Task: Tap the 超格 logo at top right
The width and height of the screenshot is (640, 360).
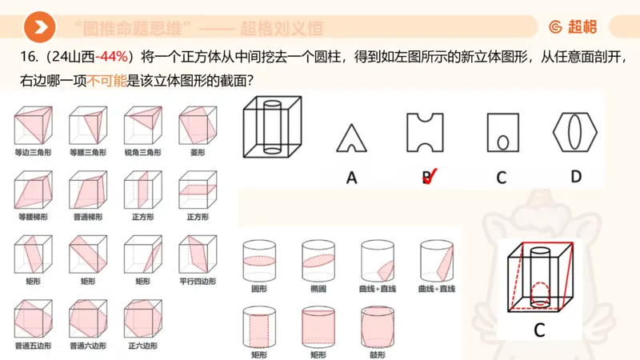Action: click(573, 28)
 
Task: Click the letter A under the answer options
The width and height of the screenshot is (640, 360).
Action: click(351, 178)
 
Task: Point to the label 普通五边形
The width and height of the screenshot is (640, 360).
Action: click(32, 346)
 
